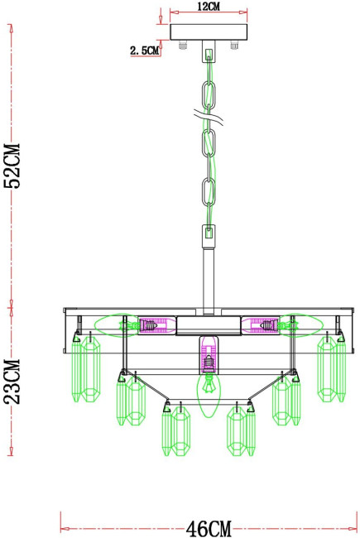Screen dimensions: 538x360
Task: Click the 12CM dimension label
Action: [x=209, y=6]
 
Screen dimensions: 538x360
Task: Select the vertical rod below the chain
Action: [x=208, y=273]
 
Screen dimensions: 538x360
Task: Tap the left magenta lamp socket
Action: [x=151, y=326]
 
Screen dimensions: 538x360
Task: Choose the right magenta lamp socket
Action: [x=265, y=326]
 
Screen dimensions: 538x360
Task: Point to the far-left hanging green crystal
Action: [x=86, y=368]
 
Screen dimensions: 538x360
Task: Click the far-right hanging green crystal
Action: [x=331, y=368]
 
